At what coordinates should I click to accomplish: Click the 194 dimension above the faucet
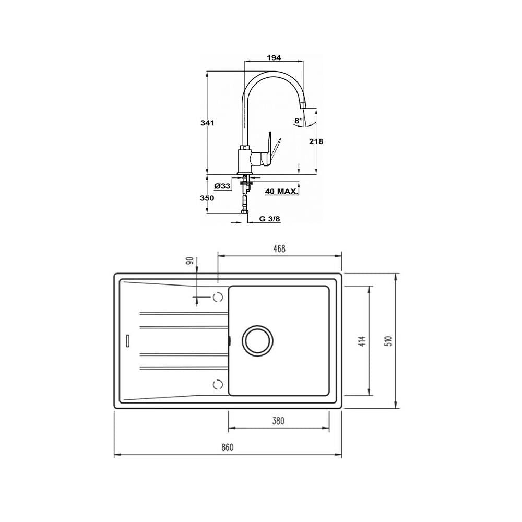274,57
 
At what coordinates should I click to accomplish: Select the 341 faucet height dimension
207,123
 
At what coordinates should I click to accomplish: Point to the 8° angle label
298,121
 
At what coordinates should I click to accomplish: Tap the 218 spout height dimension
316,141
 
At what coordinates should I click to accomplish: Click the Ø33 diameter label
222,186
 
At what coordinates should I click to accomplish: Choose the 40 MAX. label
281,192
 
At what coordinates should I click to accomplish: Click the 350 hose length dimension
207,198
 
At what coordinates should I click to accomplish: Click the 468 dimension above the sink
279,248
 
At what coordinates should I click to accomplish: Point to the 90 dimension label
190,261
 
